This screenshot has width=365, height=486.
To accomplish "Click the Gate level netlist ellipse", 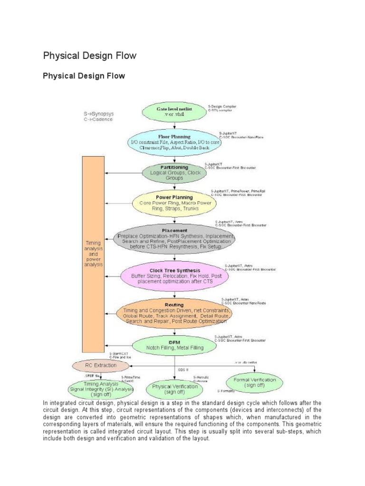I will click(x=175, y=112).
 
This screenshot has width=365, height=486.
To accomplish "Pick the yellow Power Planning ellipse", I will click(x=174, y=203).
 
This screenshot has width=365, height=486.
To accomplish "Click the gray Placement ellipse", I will click(x=175, y=236).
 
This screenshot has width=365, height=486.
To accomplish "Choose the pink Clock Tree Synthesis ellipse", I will click(x=175, y=276).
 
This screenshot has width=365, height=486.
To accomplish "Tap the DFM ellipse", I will click(x=174, y=345).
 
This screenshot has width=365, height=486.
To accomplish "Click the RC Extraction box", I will click(x=101, y=365).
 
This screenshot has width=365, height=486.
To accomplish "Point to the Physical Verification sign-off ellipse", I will click(x=175, y=389).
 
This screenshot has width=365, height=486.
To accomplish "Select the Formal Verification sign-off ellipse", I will click(x=254, y=383).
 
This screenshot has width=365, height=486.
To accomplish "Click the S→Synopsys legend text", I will click(x=99, y=114).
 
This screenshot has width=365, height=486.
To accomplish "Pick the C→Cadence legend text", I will click(x=98, y=120).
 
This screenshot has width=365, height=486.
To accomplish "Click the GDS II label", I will click(x=183, y=369).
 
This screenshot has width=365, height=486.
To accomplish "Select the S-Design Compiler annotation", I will click(x=222, y=106).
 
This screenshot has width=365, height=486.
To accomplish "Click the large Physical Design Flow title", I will click(x=90, y=56).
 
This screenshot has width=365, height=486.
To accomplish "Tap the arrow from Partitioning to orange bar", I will click(x=124, y=173).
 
